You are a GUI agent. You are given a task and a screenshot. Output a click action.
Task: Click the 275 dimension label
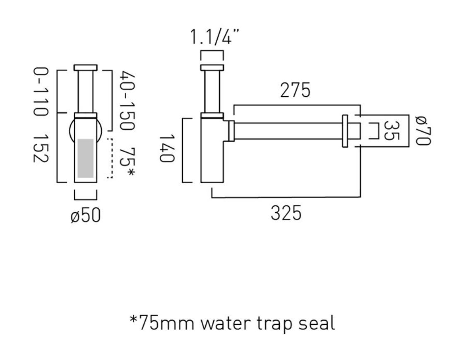pos(295,90)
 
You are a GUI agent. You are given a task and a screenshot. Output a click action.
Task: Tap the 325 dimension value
pos(286,213)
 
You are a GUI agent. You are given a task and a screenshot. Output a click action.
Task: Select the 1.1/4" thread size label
pos(214,36)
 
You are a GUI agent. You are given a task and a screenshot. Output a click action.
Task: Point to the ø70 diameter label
pos(423,130)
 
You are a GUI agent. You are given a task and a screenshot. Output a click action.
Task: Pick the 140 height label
pos(167,148)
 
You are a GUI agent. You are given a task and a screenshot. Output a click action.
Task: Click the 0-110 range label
pos(40,92)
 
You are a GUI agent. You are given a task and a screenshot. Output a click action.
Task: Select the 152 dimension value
pos(40,148)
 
